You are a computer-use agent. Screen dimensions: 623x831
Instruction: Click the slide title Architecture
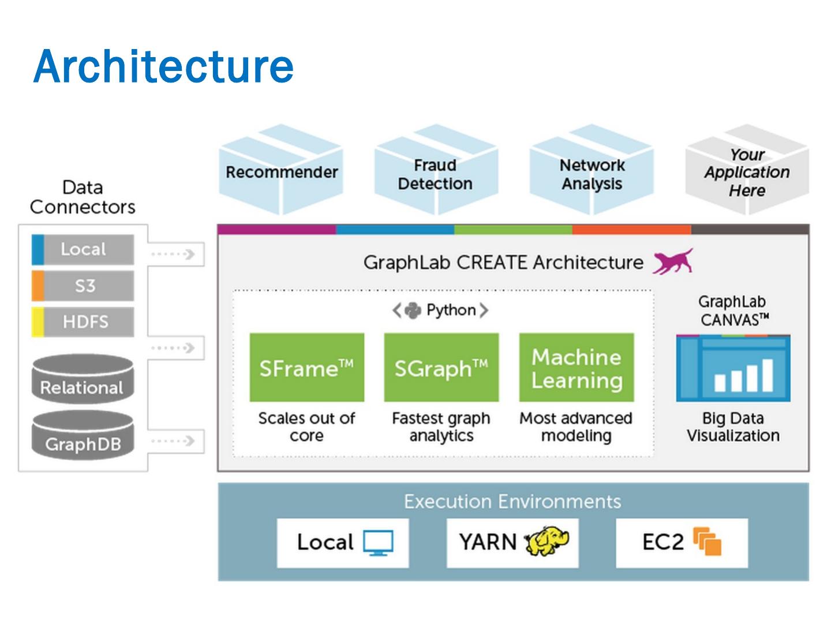point(164,67)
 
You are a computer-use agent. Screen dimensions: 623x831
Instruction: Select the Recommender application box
point(282,171)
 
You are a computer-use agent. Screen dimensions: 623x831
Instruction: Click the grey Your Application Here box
point(747,172)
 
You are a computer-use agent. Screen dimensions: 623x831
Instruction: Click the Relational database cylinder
point(83,380)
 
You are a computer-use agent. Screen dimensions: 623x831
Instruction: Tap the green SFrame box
point(306,367)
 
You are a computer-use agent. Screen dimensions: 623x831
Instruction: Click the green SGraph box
point(441,367)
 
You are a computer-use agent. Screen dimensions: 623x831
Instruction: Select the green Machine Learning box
point(577,367)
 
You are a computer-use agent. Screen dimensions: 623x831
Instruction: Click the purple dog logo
point(673,261)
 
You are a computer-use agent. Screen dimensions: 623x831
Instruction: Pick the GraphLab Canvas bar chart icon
point(733,369)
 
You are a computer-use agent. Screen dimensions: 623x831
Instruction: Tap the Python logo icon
point(413,310)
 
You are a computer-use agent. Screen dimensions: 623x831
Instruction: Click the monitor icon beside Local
point(379,543)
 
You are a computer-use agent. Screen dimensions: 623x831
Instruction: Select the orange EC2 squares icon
point(708,542)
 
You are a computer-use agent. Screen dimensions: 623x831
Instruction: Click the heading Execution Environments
point(512,501)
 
